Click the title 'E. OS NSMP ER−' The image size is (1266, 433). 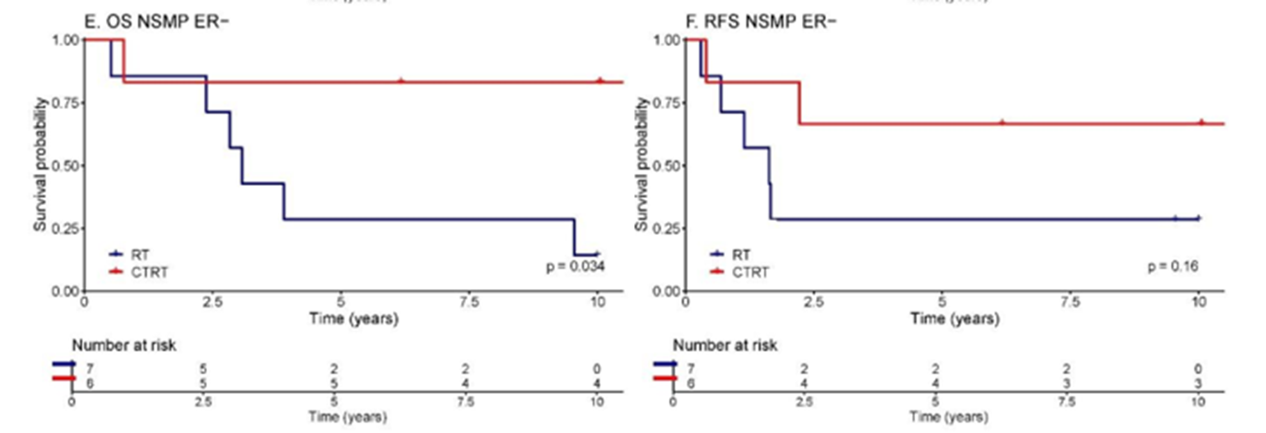156,22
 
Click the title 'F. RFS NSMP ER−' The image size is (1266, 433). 760,22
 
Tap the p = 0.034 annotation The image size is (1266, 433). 575,266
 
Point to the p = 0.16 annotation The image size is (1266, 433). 1172,266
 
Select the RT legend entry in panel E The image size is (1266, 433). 140,255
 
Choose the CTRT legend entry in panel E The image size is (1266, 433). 149,272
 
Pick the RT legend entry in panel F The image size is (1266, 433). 741,255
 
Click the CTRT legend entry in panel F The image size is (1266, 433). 750,272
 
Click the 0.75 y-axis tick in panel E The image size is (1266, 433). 66,103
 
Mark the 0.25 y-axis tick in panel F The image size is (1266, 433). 667,229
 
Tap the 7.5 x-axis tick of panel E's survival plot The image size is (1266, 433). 469,302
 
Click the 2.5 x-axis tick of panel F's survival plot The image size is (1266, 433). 813,302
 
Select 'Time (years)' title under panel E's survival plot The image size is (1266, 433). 354,318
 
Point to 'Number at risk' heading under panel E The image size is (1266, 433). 124,345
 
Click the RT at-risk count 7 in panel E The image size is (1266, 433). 89,369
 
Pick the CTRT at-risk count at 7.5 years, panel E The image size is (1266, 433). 465,384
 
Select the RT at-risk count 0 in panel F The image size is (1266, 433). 1197,369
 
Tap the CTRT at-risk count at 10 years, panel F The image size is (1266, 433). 1197,384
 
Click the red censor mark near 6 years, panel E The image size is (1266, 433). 401,81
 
